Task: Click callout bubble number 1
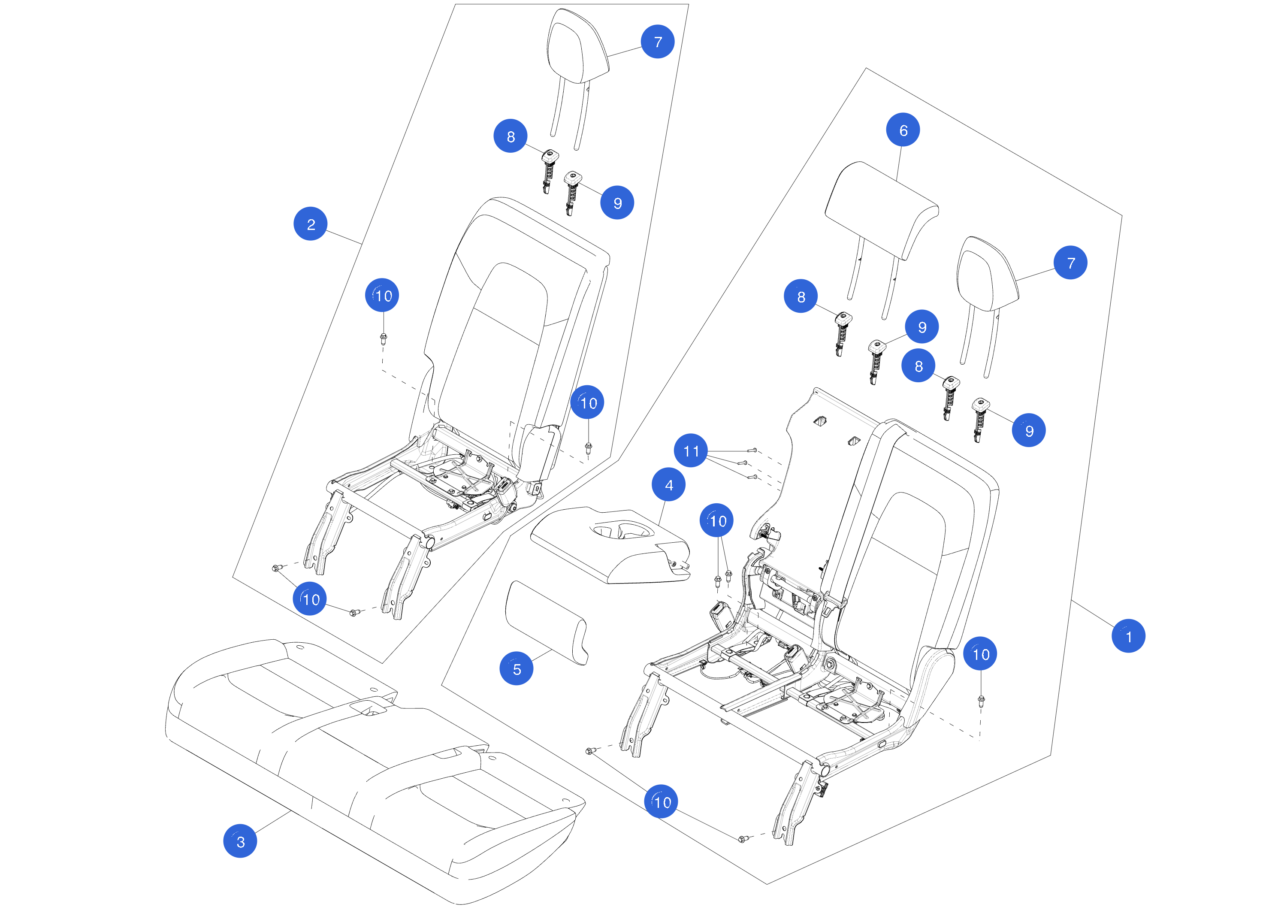tap(1128, 636)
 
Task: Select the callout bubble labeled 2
tap(311, 224)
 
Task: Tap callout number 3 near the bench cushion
tap(240, 841)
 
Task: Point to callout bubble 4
tap(669, 484)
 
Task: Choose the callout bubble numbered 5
tap(516, 668)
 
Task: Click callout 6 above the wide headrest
tap(903, 130)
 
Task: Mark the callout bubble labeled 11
tap(691, 451)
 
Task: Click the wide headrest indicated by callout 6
tap(882, 210)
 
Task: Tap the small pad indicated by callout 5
tap(547, 623)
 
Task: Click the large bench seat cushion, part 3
tap(375, 768)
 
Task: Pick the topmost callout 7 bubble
tap(658, 42)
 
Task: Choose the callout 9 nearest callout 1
tap(1029, 430)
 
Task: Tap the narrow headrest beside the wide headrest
tap(988, 275)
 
